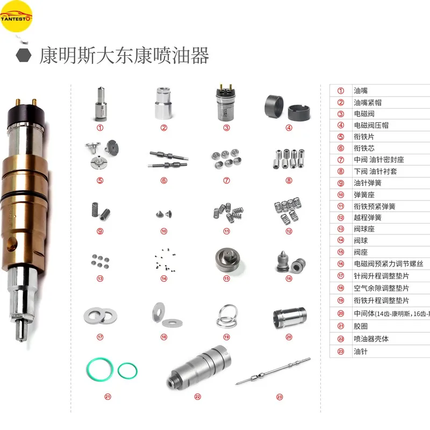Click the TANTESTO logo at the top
tap(17, 16)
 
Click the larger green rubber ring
tap(100, 370)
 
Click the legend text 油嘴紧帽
tap(367, 102)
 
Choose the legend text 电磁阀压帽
tap(370, 125)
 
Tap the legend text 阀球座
tap(363, 229)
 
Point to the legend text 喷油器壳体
tap(371, 339)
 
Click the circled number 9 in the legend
tap(340, 183)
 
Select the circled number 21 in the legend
tap(340, 327)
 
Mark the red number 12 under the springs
tap(289, 232)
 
